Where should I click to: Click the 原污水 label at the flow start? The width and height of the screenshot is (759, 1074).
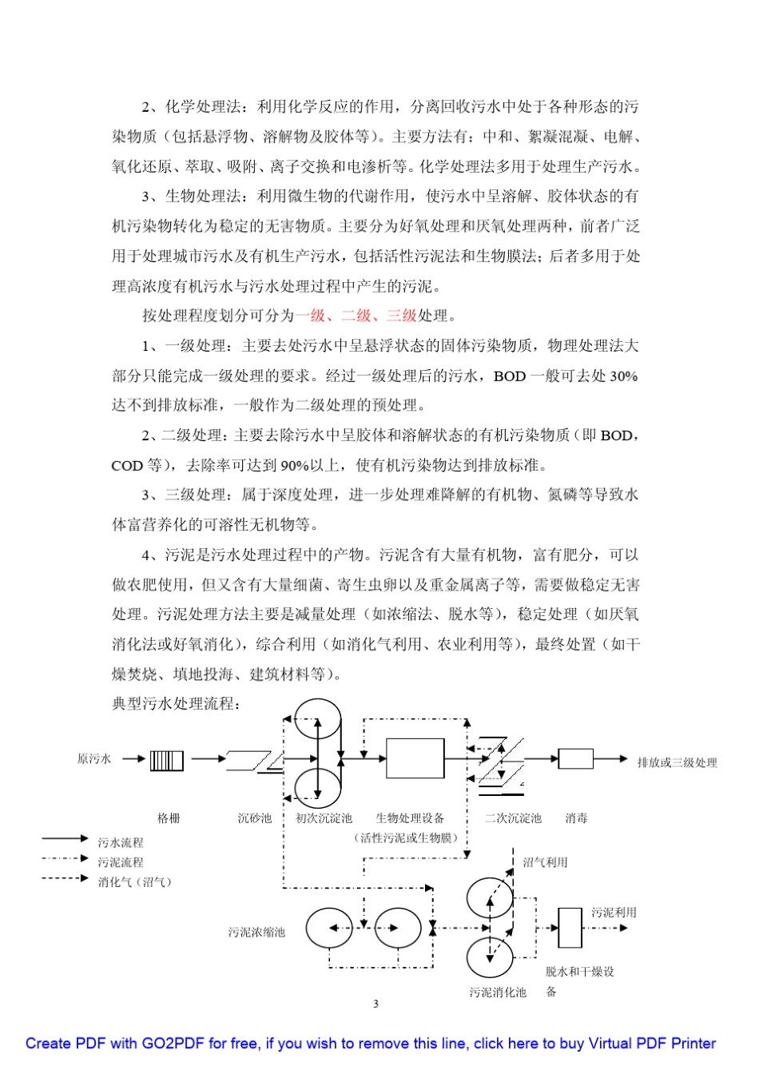coord(94,759)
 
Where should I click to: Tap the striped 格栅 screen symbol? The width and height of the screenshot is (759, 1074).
coord(167,760)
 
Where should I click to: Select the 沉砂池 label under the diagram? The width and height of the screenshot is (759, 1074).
coord(254,818)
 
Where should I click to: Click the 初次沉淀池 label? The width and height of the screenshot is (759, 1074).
coord(324,818)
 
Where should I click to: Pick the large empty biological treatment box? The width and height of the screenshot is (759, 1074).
coord(415,758)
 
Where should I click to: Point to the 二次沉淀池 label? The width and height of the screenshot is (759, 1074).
coord(513,818)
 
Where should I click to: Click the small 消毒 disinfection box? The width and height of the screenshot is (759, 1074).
coord(575,758)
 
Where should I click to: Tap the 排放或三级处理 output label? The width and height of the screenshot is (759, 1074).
coord(677,763)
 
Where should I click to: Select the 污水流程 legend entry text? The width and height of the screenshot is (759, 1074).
coord(121,842)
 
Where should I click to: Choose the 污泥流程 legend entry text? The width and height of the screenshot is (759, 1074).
coord(121,862)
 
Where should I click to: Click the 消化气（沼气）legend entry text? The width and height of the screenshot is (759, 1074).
coord(134,882)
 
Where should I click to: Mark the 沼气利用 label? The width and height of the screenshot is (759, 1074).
coord(546,863)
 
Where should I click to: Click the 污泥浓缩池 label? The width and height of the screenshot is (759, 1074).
coord(256,932)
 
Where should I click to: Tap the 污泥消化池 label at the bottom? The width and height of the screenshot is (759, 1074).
coord(498,992)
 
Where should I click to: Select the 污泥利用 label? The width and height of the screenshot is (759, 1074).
coord(614,913)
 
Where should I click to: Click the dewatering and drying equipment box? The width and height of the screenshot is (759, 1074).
coord(570,928)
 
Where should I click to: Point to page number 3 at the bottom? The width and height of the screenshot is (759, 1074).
coord(376,1004)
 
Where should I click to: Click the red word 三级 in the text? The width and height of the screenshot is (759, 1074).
coord(402,316)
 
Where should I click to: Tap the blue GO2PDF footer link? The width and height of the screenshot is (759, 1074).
coord(371,1044)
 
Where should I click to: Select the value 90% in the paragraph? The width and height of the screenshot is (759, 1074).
coord(295,465)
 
